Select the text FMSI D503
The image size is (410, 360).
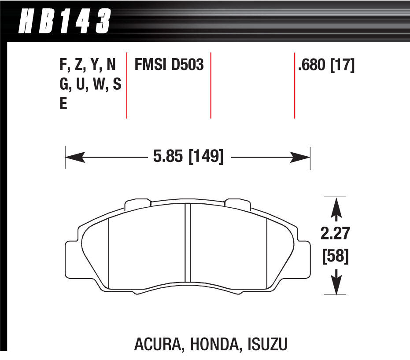[168, 66]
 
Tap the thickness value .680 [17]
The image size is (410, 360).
[326, 66]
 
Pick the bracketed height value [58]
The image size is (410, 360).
[336, 256]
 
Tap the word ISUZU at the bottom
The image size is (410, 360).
[266, 344]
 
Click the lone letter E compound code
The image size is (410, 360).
[63, 105]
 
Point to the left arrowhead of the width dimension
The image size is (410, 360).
[73, 157]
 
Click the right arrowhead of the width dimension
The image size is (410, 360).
[303, 157]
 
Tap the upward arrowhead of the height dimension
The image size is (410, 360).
[336, 207]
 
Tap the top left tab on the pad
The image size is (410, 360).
[138, 204]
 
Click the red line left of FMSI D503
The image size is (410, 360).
[127, 86]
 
